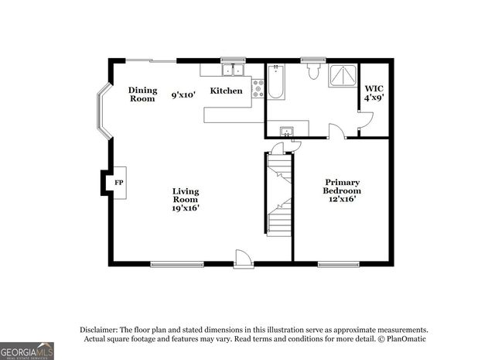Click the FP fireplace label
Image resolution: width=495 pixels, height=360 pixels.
point(119,183)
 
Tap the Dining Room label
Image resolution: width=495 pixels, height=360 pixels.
point(142,94)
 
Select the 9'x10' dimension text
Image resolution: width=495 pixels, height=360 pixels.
point(183,95)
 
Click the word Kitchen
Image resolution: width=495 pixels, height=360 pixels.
point(227,91)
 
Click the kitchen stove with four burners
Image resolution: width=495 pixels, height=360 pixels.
point(257,87)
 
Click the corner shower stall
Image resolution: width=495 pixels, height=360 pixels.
point(342,76)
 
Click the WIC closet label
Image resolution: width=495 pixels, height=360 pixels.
point(374,88)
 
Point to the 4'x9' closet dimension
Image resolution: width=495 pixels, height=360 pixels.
point(374,99)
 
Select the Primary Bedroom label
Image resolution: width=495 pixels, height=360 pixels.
point(342,187)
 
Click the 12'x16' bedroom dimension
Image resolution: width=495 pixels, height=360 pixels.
point(343,199)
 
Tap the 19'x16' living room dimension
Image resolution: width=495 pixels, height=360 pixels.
point(186,207)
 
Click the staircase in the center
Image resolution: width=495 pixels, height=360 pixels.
point(279,194)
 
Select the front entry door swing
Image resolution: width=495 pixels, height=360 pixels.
point(243,258)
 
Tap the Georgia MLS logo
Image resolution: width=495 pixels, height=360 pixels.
point(27,351)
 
